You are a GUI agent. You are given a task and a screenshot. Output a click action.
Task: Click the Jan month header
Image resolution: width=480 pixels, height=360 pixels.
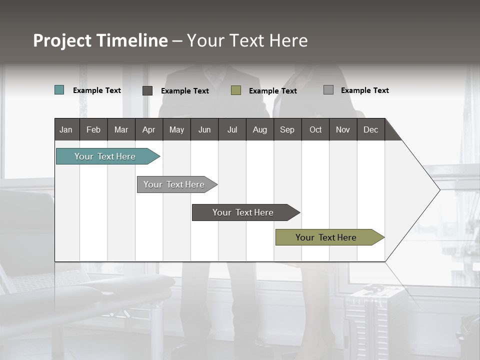(66, 129)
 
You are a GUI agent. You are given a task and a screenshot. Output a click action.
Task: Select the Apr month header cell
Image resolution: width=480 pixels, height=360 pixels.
(149, 129)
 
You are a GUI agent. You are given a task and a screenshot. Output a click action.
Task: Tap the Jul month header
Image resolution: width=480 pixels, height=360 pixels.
(232, 129)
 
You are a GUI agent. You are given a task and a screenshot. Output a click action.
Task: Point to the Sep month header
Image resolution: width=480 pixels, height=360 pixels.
(287, 129)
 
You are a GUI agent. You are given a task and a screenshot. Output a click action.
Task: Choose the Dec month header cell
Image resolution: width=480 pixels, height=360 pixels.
(370, 129)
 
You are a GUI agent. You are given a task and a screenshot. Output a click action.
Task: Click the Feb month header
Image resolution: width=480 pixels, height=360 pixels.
(93, 129)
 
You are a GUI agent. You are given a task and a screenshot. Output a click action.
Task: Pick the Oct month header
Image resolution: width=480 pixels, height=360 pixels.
(315, 129)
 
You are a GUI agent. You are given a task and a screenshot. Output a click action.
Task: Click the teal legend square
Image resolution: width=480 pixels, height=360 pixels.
(59, 90)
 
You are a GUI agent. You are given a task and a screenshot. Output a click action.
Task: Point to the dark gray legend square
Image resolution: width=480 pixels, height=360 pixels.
(147, 90)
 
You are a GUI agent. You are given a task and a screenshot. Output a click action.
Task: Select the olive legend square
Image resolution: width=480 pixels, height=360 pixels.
(236, 90)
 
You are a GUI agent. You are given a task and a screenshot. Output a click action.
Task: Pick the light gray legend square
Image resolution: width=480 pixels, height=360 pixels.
(328, 90)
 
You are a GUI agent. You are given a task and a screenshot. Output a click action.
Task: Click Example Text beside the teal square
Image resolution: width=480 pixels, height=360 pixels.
(97, 90)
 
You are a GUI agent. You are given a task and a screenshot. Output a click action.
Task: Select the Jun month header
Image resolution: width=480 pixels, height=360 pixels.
(204, 129)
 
